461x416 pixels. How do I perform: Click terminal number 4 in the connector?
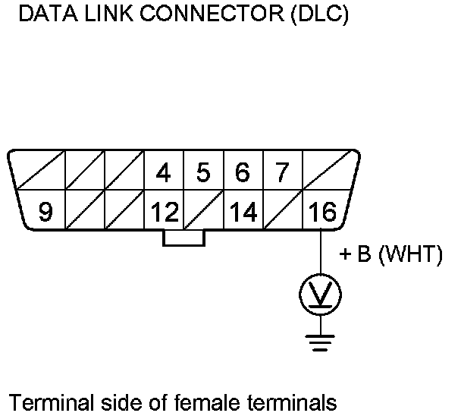tap(163, 173)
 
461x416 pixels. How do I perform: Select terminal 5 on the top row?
tap(203, 173)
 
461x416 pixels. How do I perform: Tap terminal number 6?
tap(243, 173)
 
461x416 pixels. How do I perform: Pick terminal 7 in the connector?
tap(282, 173)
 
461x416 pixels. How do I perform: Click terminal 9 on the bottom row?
tap(45, 213)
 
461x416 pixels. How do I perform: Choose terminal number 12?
tap(163, 213)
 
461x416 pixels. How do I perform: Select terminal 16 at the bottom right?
tap(321, 213)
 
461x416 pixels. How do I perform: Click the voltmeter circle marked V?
tap(321, 293)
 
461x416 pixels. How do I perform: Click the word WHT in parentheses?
tap(409, 255)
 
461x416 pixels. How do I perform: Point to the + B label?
tap(354, 255)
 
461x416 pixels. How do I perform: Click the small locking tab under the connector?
tap(183, 238)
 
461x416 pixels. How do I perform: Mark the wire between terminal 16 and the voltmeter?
tap(321, 254)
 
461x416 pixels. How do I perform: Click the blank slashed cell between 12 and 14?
tap(203, 213)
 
